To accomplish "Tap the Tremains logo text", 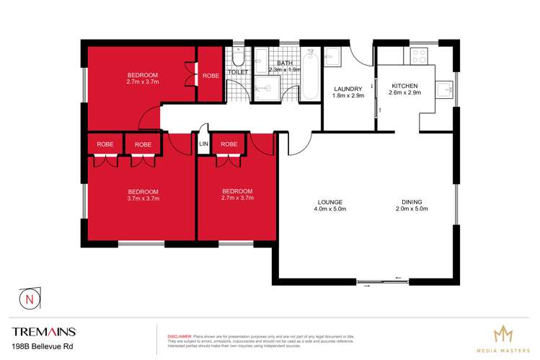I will tap(44, 332).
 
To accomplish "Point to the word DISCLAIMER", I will tap(179, 336).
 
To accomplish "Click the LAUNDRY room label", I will tap(348, 89).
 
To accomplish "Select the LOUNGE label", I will tap(329, 201).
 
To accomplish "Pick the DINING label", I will tap(412, 201).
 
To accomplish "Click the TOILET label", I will tap(239, 72).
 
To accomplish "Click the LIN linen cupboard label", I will tap(203, 144).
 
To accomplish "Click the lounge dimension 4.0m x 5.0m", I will tap(329, 209).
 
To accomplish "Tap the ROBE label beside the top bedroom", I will tap(211, 75).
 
